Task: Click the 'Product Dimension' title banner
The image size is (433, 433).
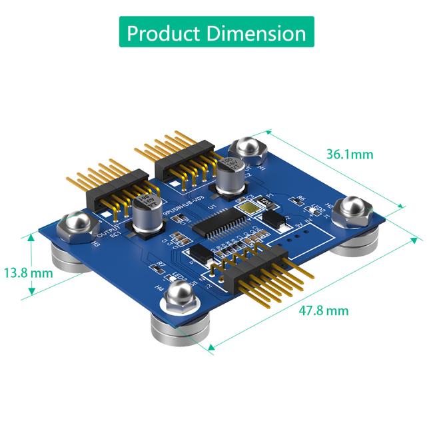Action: [x=216, y=33]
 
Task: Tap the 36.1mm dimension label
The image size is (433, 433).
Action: [x=350, y=155]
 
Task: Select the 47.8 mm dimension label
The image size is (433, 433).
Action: [x=324, y=310]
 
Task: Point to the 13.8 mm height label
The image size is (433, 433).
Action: [x=27, y=272]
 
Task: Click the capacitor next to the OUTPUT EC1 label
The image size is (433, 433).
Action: [x=145, y=213]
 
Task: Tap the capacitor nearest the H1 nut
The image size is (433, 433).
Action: [x=230, y=175]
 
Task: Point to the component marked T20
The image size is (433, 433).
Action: [x=265, y=201]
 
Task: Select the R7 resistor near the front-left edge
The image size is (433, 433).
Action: [x=161, y=265]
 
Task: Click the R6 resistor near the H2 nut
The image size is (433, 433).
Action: [x=300, y=199]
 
